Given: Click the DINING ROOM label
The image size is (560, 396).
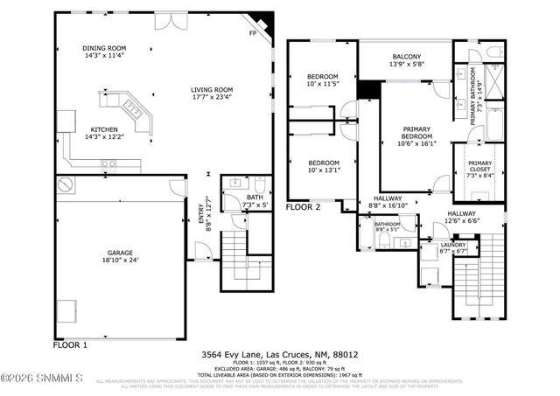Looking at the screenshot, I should coord(104,48).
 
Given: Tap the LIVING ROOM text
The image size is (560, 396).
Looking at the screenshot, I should coord(212,89).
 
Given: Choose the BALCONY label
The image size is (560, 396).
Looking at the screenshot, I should coord(406,57).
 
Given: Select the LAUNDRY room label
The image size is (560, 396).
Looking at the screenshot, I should coord(451,244).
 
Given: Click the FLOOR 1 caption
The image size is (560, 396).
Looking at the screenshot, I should coord(71,345).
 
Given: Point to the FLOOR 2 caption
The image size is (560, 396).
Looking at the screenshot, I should coord(304,207).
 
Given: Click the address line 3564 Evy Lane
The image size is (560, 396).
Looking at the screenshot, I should coord(280,355).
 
